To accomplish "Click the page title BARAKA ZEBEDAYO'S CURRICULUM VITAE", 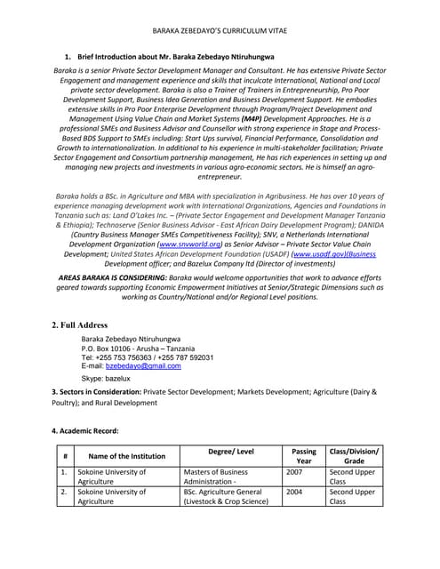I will [220, 29].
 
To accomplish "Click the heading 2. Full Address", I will [80, 325].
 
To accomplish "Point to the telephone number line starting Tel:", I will [147, 357].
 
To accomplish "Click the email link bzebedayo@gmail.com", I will [143, 366].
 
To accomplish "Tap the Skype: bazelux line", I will [106, 378].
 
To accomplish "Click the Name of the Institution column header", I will [126, 456].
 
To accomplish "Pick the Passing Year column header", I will [303, 456].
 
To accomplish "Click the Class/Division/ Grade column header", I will [353, 456].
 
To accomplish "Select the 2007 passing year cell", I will [294, 472].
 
